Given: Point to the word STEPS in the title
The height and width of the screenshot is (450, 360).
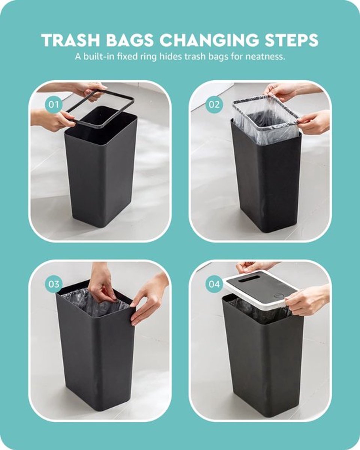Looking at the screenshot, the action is [292, 40].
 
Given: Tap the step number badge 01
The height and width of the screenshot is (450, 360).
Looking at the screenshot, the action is [54, 104].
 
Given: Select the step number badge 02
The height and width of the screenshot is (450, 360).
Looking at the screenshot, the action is [214, 104].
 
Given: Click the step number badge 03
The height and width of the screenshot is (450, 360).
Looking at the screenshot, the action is [54, 284].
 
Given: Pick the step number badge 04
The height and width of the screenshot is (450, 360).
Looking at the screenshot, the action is [214, 284].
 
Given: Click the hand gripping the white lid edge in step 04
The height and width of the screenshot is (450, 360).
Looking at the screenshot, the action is [307, 301].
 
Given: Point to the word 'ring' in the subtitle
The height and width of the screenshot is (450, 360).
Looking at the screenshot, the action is [148, 57].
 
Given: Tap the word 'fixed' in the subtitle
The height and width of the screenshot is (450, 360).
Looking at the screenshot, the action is [127, 57].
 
